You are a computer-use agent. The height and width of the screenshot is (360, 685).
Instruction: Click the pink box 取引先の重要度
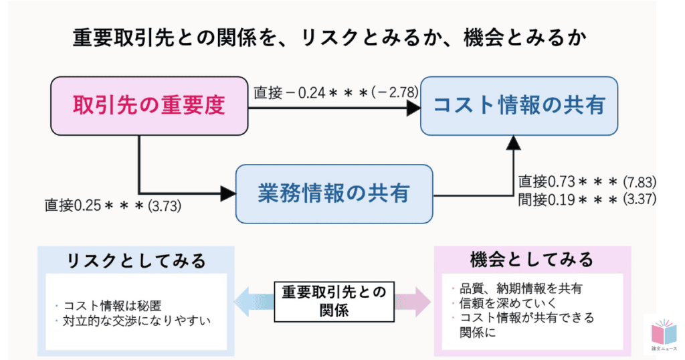149,105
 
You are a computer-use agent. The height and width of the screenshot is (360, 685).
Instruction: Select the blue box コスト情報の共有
519,105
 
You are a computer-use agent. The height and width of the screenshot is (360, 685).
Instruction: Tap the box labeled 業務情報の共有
334,193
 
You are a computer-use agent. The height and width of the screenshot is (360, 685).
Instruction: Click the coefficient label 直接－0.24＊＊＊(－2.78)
336,92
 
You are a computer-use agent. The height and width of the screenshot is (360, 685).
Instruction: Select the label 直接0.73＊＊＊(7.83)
587,182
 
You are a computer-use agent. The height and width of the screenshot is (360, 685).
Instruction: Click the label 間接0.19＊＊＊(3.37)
587,199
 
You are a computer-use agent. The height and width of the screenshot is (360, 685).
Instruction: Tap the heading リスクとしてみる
136,260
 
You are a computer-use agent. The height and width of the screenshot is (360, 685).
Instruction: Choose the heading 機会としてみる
532,259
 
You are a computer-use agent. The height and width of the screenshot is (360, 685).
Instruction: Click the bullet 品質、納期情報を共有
516,289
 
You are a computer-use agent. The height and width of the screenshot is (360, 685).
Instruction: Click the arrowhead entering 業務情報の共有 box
228,193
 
